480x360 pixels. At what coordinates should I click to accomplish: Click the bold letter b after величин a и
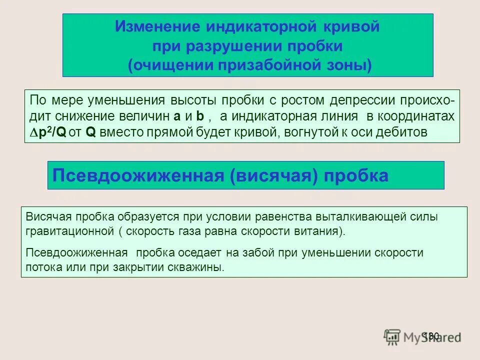pos(199,116)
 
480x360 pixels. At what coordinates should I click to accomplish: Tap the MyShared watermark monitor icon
pos(392,336)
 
